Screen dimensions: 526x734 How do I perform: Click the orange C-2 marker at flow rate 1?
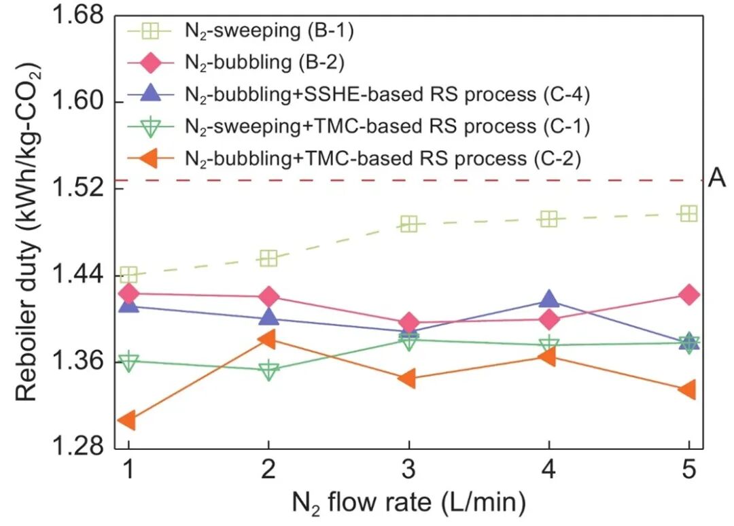(x=127, y=421)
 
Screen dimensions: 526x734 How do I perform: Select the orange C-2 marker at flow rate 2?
(x=268, y=338)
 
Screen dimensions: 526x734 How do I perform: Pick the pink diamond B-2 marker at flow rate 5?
(x=689, y=294)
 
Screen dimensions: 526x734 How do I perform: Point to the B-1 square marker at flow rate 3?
(x=408, y=224)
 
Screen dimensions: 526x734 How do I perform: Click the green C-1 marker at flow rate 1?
(x=128, y=362)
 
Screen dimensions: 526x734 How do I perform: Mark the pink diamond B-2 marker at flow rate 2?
(x=268, y=296)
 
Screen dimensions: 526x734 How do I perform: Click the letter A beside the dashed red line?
(x=716, y=180)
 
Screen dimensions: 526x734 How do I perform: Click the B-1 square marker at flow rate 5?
(x=689, y=213)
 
